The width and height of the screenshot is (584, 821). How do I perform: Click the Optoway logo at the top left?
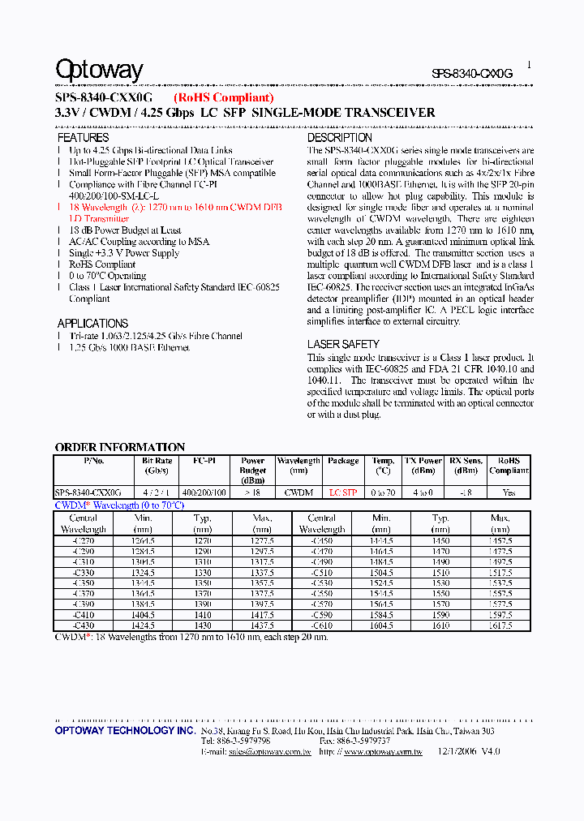pyautogui.click(x=99, y=71)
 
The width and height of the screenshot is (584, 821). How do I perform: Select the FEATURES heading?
pyautogui.click(x=83, y=138)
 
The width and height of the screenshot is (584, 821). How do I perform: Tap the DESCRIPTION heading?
pyautogui.click(x=340, y=138)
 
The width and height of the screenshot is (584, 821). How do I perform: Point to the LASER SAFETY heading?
pyautogui.click(x=343, y=344)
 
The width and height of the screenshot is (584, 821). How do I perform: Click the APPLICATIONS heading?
pyautogui.click(x=92, y=323)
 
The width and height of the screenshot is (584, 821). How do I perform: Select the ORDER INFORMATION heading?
pyautogui.click(x=120, y=447)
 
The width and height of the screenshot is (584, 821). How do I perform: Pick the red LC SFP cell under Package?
pyautogui.click(x=343, y=492)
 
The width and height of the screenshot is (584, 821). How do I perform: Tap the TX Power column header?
pyautogui.click(x=424, y=465)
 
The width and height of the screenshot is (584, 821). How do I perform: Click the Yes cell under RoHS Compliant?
pyautogui.click(x=509, y=492)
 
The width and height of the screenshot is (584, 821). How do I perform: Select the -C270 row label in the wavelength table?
pyautogui.click(x=84, y=540)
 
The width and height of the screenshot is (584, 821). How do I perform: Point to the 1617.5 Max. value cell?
pyautogui.click(x=500, y=625)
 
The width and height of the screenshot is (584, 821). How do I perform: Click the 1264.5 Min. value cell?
pyautogui.click(x=144, y=540)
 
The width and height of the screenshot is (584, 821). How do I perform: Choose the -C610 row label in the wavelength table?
pyautogui.click(x=322, y=625)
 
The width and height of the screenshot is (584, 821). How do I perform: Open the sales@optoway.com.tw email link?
pyautogui.click(x=256, y=752)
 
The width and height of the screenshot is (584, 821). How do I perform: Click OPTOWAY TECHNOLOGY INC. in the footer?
pyautogui.click(x=125, y=731)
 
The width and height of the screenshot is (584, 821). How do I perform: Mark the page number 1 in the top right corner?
pyautogui.click(x=529, y=63)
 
